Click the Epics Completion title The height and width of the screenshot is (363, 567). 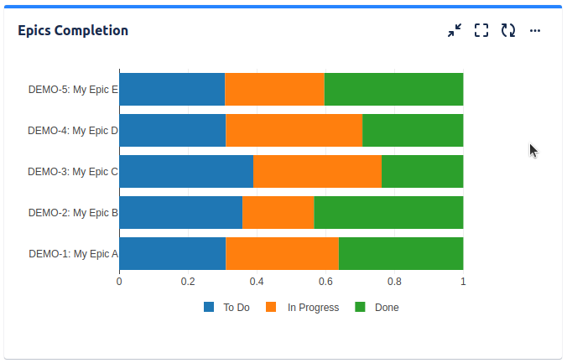point(73,31)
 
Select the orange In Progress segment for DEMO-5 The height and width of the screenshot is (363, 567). point(274,89)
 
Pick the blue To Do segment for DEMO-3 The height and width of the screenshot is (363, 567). point(186,171)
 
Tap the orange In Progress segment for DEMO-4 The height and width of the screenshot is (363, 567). point(294,130)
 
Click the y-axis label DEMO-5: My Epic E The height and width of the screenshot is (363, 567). point(73,89)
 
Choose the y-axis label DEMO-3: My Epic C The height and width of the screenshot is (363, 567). point(73,171)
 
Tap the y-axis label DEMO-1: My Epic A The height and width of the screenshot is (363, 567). point(73,253)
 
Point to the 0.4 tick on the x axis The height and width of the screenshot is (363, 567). point(257,282)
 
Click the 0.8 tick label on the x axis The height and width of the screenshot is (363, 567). point(394,282)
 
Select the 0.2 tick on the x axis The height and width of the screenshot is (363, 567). point(188,282)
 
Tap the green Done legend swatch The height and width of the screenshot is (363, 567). point(361,308)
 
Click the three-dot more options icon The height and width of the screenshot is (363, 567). point(535,31)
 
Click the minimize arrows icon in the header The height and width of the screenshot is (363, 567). point(455,31)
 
